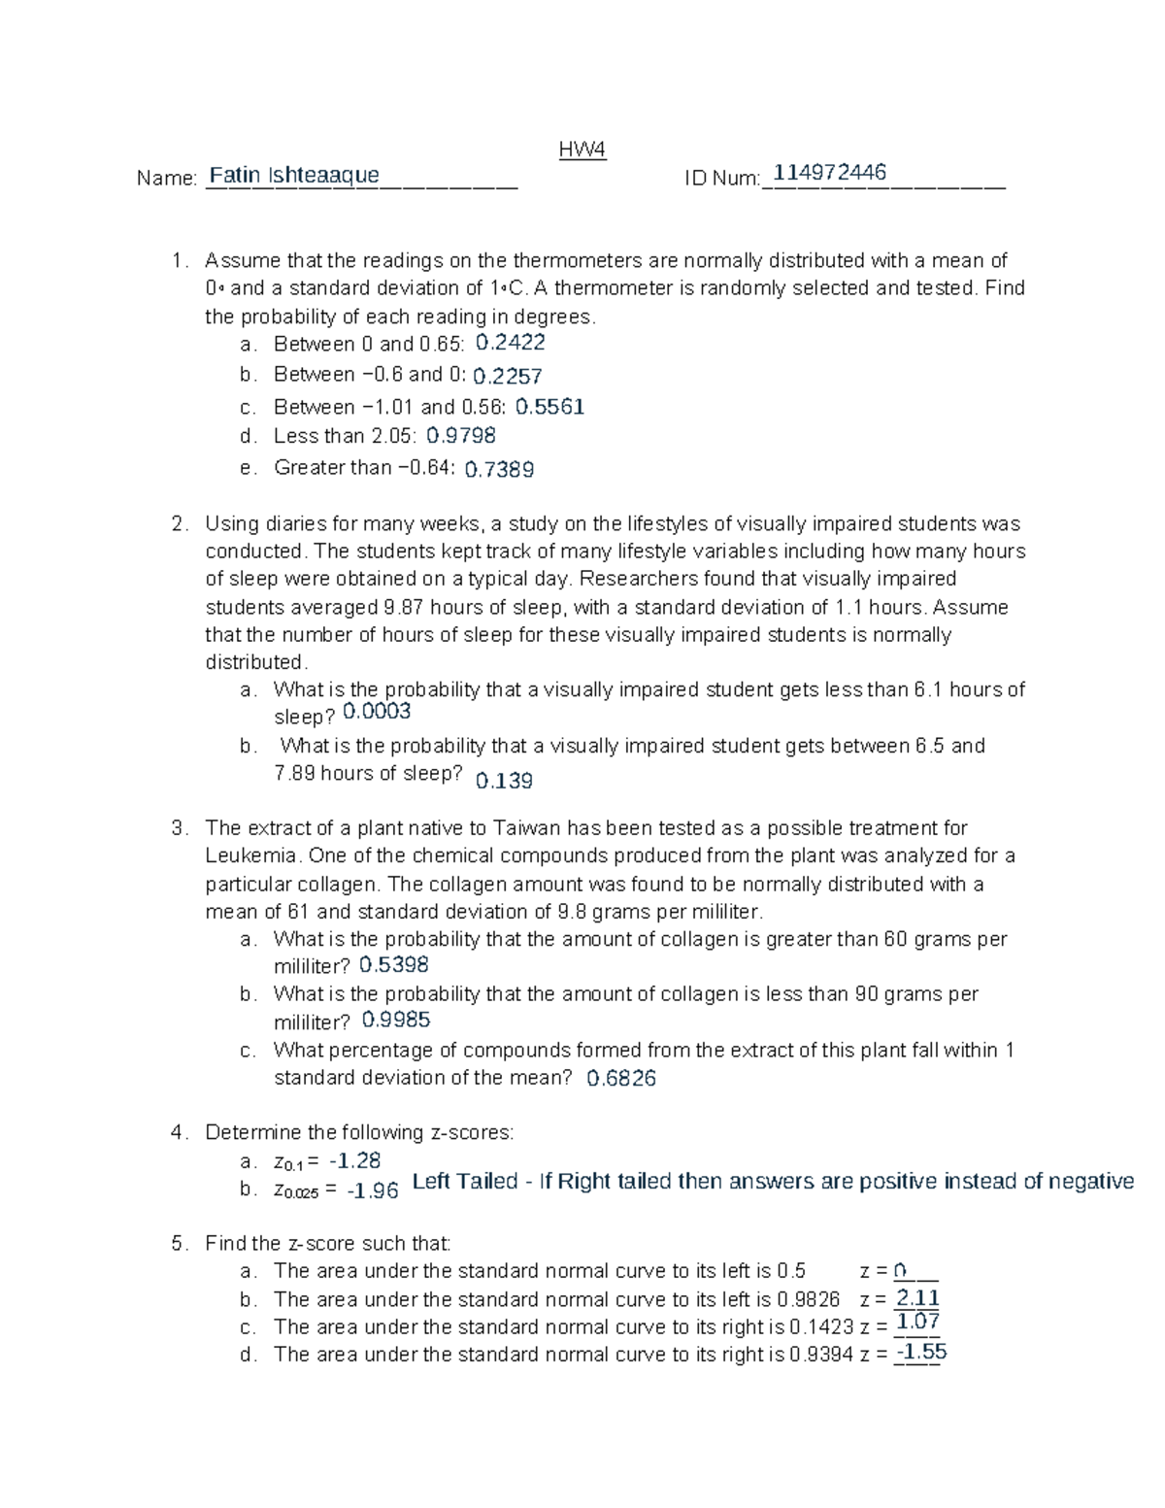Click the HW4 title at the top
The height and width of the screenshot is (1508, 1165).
click(582, 150)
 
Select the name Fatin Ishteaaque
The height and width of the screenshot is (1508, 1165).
click(294, 175)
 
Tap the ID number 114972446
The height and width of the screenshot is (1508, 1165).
click(829, 173)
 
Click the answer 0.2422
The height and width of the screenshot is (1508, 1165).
click(510, 342)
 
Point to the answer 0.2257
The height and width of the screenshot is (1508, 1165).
click(507, 376)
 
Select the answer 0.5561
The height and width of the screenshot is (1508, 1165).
click(549, 407)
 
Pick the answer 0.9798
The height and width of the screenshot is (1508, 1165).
click(461, 436)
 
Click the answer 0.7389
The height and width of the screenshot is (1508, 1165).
click(499, 470)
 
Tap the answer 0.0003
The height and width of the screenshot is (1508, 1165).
click(377, 712)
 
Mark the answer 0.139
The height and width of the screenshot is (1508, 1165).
click(504, 781)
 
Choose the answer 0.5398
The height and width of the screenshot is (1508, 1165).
click(393, 965)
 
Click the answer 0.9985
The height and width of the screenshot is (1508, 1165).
click(395, 1020)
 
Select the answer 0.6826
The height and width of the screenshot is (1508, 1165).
click(621, 1078)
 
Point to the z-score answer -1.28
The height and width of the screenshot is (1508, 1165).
click(354, 1160)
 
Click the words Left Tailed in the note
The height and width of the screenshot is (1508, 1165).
click(465, 1182)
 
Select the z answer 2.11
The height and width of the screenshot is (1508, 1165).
click(917, 1298)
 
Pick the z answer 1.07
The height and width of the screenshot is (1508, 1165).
click(917, 1322)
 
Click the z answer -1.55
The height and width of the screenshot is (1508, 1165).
click(921, 1352)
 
